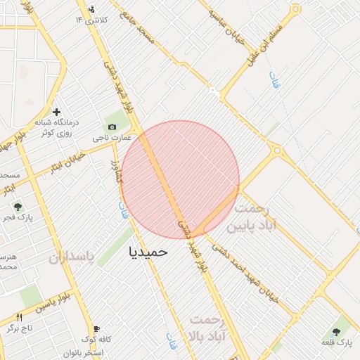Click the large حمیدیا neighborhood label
point(148,251)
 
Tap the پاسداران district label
point(71,257)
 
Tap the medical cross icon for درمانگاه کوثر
point(57,112)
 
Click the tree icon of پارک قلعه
point(342,330)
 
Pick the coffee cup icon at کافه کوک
point(96,328)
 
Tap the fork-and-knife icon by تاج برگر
point(19,318)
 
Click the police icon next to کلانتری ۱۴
point(91,10)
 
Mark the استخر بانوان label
point(84,352)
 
